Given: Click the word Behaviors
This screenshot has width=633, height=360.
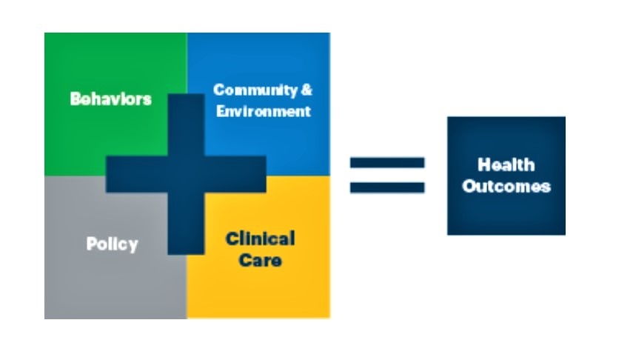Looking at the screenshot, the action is tap(111, 99).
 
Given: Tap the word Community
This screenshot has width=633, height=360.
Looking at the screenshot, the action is tap(255, 90).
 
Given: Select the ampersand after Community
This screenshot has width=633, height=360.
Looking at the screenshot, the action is tap(307, 90).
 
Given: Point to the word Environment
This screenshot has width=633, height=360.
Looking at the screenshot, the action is tap(264, 111).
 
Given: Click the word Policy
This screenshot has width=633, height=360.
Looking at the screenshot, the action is tap(113, 244).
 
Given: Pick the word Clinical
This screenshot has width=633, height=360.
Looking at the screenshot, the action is tap(261, 239).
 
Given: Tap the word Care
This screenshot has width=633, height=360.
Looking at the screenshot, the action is tap(261, 260).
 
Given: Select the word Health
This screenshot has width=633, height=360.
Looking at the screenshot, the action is tap(506, 165).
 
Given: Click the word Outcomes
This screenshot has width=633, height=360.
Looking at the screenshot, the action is tap(506, 186).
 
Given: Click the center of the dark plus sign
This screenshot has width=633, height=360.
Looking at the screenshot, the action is tap(186, 174).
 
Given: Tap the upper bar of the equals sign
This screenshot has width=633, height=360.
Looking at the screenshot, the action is tap(387, 163).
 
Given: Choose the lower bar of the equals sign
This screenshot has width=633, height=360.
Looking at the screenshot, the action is tap(387, 188).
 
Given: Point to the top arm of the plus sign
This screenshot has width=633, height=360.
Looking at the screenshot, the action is tap(186, 125).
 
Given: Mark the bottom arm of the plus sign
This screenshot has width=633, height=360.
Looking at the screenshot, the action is tap(186, 224).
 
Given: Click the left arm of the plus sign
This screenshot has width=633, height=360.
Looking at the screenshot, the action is tap(136, 174).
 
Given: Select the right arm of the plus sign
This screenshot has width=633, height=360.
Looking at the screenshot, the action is tap(235, 174).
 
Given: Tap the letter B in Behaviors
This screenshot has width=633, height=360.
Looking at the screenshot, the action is tap(76, 99).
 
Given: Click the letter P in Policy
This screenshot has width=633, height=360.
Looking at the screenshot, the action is tap(92, 244).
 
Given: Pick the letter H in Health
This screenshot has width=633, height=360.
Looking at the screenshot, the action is tap(483, 165).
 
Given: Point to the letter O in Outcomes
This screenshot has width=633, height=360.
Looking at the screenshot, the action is tap(469, 186).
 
